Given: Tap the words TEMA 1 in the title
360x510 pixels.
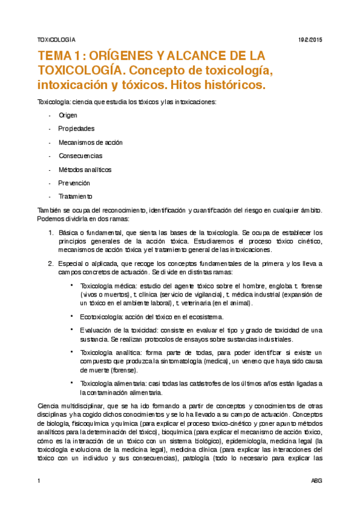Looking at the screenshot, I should click(x=57, y=56).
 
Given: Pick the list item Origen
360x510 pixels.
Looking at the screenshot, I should click(x=68, y=115).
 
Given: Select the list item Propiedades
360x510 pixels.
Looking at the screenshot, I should click(x=76, y=129).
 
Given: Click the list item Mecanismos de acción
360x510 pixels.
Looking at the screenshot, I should click(x=90, y=143).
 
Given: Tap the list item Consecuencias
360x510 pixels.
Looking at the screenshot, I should click(x=81, y=156).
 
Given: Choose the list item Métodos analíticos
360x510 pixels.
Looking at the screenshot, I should click(x=85, y=170).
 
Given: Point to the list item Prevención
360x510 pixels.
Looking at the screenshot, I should click(x=74, y=183).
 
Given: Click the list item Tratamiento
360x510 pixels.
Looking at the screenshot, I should click(x=75, y=197).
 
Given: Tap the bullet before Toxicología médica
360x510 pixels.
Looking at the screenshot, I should click(x=72, y=285).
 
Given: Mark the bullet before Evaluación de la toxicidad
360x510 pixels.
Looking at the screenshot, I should click(x=72, y=329).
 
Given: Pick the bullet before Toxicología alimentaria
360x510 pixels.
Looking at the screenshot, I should click(x=72, y=382).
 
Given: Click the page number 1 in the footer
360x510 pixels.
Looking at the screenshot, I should click(x=39, y=481).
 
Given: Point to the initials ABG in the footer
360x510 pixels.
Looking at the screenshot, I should click(x=316, y=481).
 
